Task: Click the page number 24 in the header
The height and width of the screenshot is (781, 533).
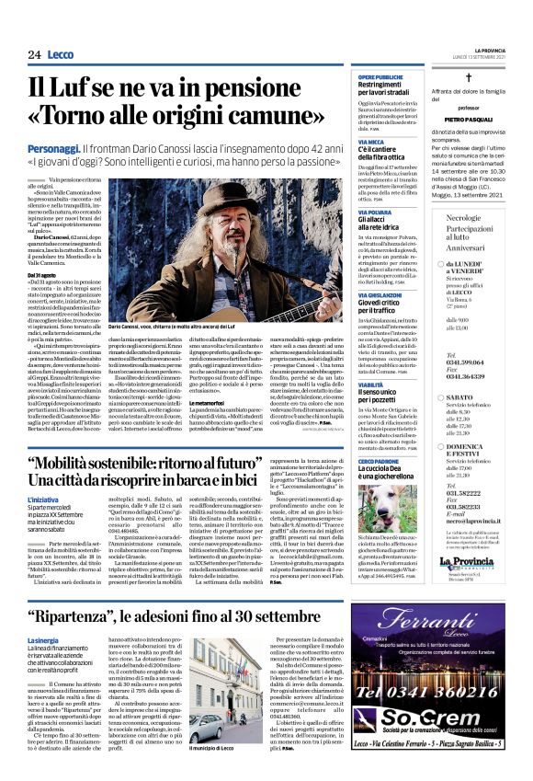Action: tap(34, 54)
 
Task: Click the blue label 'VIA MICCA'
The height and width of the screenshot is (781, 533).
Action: tap(373, 142)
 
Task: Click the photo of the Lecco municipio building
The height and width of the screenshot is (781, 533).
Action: tap(220, 703)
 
